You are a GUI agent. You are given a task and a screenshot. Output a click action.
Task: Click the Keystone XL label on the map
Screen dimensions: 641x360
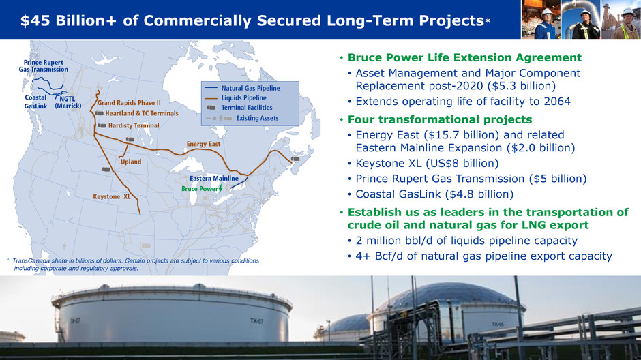coord(112,196)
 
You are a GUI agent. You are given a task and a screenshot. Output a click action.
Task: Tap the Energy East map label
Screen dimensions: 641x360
coord(203,144)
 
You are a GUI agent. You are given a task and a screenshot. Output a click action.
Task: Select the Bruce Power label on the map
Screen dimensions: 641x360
coord(200,189)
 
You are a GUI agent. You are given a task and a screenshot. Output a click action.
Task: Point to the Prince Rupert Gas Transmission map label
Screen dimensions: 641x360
coord(44,65)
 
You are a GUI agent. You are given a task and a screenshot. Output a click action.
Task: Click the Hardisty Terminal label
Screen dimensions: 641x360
coord(134,125)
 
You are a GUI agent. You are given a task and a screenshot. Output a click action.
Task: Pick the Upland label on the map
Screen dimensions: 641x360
coord(131,162)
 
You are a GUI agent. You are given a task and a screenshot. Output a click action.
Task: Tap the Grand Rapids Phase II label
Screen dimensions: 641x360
coord(129,102)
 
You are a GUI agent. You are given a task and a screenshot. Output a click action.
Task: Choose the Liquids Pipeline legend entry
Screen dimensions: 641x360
coord(243,98)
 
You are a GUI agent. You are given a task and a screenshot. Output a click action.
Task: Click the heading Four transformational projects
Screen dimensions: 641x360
coord(440,119)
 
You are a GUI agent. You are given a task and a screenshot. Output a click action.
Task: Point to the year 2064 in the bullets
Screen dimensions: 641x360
coord(557,102)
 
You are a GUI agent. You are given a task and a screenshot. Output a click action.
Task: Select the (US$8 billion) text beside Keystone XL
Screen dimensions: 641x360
coord(462,164)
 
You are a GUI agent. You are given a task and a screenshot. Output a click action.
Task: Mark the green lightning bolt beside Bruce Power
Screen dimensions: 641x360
coord(221,188)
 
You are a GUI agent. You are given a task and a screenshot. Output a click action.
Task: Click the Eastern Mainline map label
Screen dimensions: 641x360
coord(214,179)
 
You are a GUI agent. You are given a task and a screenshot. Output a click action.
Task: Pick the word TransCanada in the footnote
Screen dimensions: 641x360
coord(31,260)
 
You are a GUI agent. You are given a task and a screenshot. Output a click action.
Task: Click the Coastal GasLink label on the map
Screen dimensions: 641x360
coord(35,102)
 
